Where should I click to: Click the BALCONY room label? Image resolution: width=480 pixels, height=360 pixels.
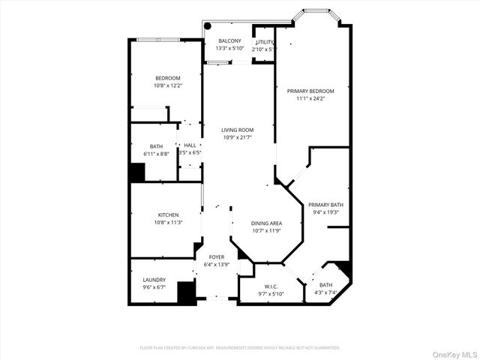pos(229,40)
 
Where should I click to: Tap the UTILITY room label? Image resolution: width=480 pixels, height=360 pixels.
pos(265,42)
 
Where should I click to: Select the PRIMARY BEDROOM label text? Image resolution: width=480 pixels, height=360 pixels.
pos(310,91)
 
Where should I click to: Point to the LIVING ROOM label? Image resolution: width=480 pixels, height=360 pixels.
pos(237,130)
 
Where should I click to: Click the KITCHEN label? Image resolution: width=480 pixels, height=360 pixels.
pos(168,215)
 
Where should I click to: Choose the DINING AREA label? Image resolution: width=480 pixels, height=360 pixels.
pos(266,223)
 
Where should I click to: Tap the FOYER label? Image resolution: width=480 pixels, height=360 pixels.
pos(217,257)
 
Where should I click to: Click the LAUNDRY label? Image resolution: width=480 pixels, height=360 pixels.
pos(154,279)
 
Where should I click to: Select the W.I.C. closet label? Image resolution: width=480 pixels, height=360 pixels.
pos(271,286)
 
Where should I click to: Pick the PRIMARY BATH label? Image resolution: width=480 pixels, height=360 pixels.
pos(325,205)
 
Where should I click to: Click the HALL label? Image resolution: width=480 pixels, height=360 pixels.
pos(190,145)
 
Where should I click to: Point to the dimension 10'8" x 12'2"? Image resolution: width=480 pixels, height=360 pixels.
pos(168,85)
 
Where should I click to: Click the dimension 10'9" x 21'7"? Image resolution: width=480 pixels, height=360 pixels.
pos(237,137)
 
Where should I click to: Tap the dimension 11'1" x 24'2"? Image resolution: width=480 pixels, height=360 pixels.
pos(310,98)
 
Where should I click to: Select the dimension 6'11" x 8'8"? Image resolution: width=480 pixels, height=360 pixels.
pos(156,154)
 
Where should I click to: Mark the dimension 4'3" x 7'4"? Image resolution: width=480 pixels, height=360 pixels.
pos(325,292)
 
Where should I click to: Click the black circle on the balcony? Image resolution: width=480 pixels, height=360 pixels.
pos(208,25)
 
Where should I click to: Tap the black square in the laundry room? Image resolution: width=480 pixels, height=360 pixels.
pos(186,292)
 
